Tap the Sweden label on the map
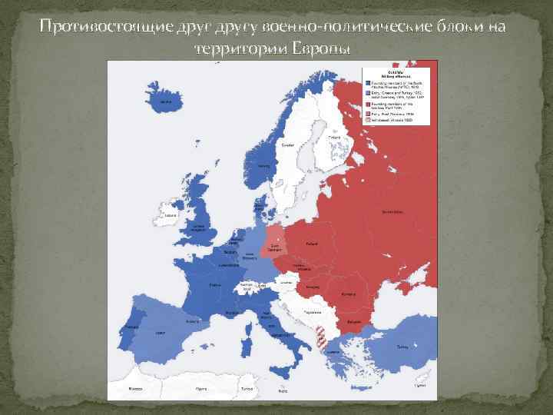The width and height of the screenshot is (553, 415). click(287, 144)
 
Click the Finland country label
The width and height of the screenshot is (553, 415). click(336, 138)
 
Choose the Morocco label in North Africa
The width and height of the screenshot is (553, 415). click(135, 390)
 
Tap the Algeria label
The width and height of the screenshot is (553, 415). click(201, 390)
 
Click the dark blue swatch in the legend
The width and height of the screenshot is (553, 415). click(368, 82)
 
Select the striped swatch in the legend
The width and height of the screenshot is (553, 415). click(368, 121)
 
